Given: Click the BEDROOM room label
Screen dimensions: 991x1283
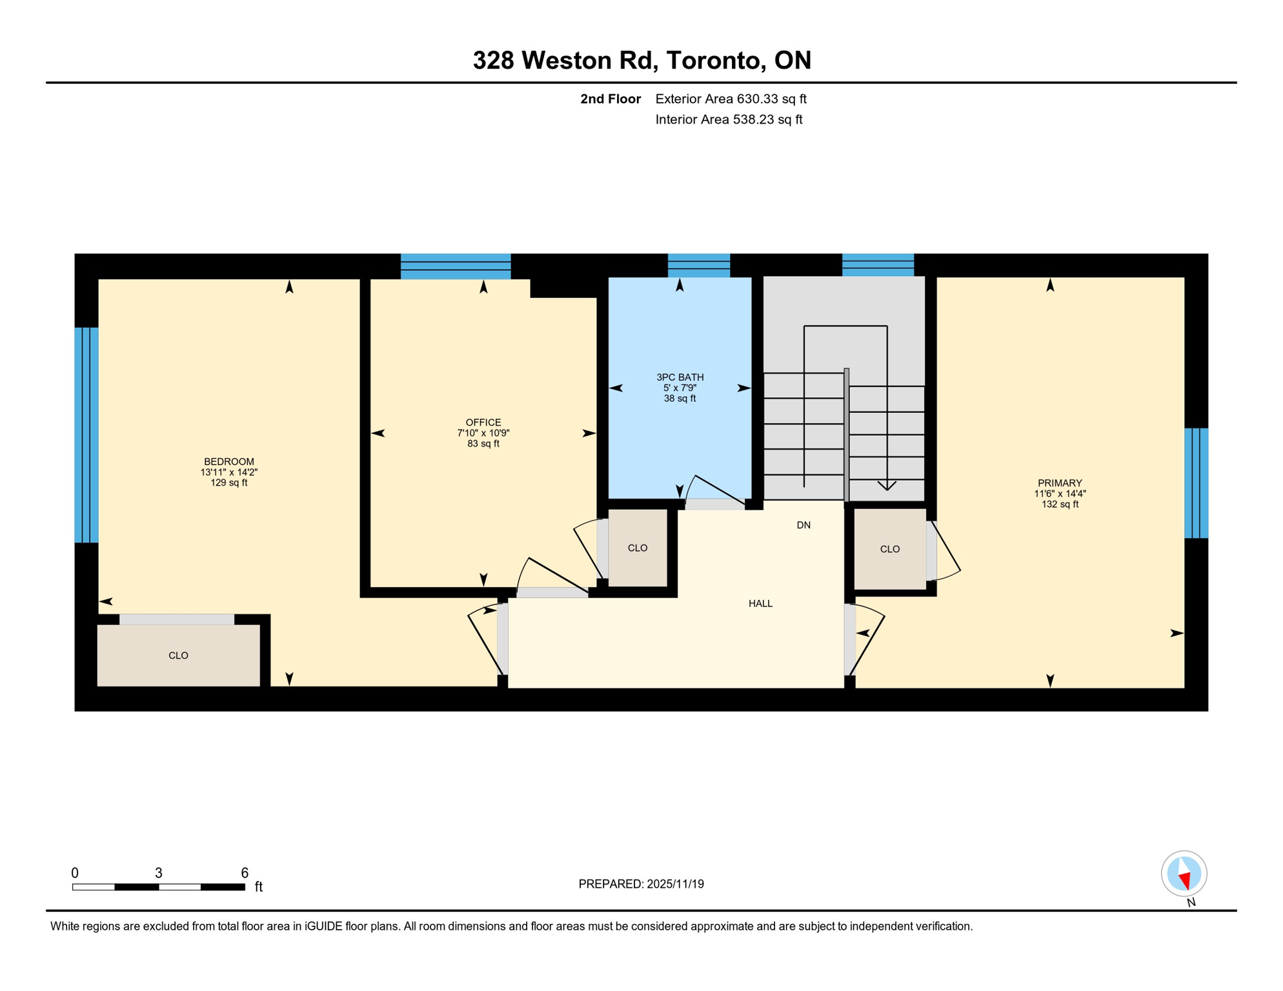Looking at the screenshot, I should (x=229, y=462).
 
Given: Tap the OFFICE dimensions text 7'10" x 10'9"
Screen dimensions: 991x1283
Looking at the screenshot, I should (x=483, y=434).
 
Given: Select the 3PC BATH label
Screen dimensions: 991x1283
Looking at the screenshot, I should (x=680, y=377).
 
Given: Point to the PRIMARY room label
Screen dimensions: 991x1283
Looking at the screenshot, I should (x=1060, y=483).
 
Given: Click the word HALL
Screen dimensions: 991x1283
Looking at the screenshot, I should (x=760, y=604).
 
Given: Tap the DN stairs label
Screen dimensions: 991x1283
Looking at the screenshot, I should (x=803, y=525).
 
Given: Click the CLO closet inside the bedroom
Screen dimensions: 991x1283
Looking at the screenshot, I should (x=178, y=656).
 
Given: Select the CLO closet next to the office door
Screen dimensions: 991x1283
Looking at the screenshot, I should (x=638, y=548).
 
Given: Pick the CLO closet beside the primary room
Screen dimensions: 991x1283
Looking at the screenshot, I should (x=890, y=550).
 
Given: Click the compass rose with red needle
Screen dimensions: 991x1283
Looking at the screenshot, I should (x=1184, y=874).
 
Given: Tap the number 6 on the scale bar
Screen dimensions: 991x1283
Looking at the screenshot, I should (x=245, y=873).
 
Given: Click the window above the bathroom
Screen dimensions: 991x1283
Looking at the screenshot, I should (x=699, y=266).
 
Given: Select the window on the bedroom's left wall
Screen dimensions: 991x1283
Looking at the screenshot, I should (x=86, y=435).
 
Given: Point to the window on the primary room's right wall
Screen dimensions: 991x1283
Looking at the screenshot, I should (x=1196, y=483).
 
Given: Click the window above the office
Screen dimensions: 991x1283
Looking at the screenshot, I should (x=456, y=266).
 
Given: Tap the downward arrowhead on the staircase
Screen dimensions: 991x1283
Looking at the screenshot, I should (x=887, y=485).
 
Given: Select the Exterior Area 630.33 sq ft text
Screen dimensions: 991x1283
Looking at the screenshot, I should (x=731, y=99).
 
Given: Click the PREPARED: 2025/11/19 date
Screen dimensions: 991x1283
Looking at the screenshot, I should (x=641, y=884).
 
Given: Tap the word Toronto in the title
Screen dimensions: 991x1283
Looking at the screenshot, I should (x=716, y=61).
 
